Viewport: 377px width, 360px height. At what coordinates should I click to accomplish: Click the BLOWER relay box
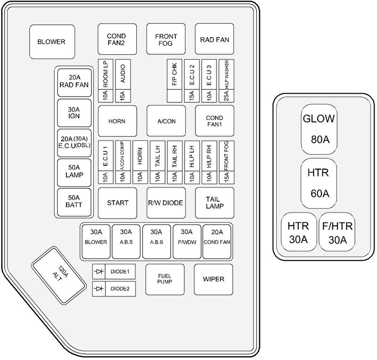(51, 41)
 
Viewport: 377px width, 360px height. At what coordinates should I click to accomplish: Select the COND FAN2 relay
(117, 40)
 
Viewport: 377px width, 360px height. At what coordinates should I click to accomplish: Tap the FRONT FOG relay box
(165, 40)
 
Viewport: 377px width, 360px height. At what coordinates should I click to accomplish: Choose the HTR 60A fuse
(319, 183)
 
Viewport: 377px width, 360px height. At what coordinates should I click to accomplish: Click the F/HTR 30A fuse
(337, 232)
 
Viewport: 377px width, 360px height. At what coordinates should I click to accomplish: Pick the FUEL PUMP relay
(165, 279)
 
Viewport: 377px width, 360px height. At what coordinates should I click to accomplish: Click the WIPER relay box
(213, 279)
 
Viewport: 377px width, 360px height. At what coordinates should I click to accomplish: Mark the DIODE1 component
(114, 272)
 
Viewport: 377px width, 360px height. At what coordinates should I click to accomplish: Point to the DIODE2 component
(114, 289)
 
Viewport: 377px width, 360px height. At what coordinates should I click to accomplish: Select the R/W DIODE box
(165, 203)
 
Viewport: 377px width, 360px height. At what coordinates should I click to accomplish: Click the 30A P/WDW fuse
(187, 241)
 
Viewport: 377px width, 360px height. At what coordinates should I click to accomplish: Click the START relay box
(117, 203)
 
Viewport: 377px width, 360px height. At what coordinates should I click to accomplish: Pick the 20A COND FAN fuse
(217, 241)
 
